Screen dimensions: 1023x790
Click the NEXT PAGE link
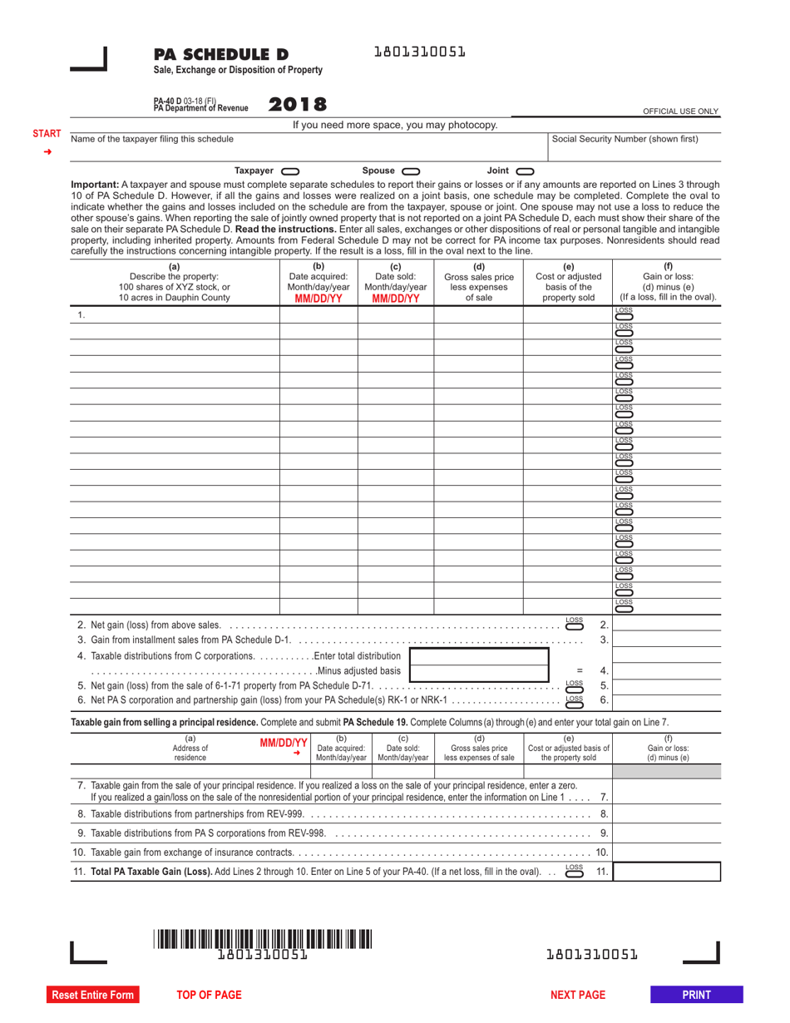pos(578,995)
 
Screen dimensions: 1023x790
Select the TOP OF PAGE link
pos(209,995)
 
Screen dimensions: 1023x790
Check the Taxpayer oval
pos(290,170)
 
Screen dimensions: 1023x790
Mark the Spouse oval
pos(411,170)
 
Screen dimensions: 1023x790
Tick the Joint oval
pos(526,170)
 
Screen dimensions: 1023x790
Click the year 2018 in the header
pos(298,105)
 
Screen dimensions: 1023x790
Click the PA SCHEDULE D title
pos(215,55)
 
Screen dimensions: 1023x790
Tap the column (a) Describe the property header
pos(174,282)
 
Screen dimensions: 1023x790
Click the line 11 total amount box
pos(666,871)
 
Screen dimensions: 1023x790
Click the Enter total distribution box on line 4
pos(480,655)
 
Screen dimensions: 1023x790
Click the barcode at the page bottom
pos(262,940)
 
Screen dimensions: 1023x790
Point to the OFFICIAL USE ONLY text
pos(681,111)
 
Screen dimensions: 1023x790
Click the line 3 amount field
pos(666,640)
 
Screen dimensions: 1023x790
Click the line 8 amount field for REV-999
pos(666,813)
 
